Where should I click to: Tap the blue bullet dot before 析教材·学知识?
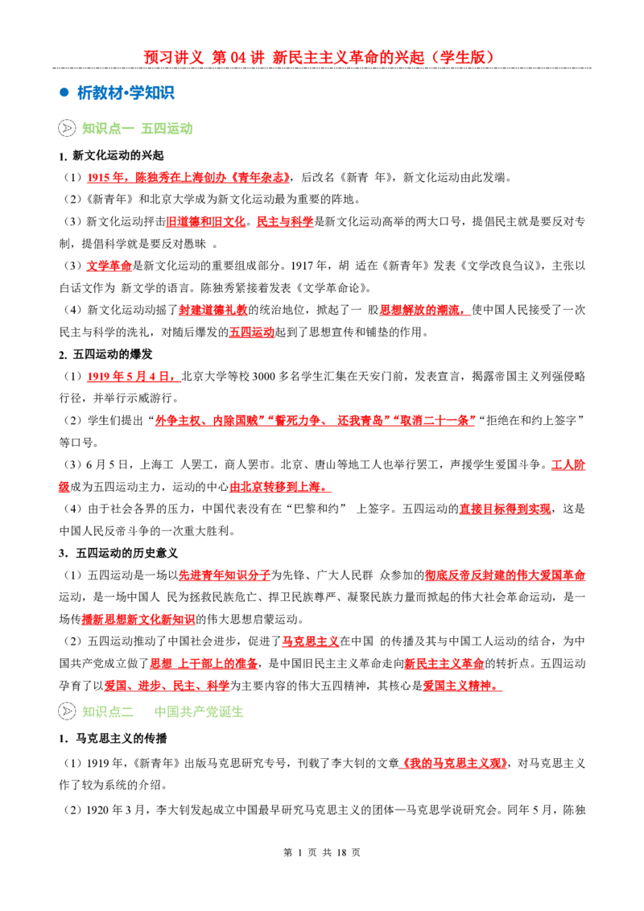64,93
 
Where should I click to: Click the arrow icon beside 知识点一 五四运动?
67,128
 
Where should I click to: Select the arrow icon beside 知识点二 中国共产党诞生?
67,711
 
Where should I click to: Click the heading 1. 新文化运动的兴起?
111,155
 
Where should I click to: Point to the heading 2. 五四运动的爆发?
105,354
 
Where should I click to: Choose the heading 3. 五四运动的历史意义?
118,553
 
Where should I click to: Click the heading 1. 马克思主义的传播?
113,739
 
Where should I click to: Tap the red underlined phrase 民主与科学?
285,221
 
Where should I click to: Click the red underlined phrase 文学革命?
109,266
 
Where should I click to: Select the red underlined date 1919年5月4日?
130,377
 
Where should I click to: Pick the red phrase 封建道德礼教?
213,311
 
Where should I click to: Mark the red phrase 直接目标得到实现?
505,509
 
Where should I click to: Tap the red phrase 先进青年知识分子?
225,575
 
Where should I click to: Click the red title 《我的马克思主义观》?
454,763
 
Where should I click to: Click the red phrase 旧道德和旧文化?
206,221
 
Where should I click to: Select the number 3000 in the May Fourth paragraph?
263,377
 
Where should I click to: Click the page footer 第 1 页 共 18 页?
322,852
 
